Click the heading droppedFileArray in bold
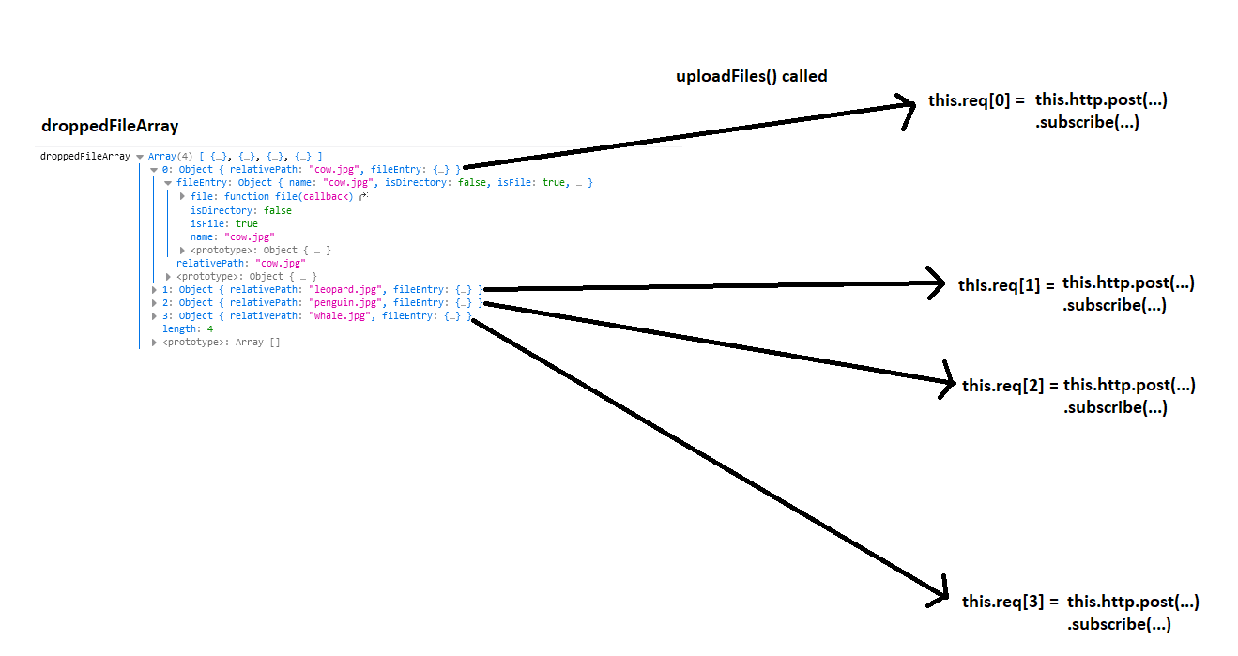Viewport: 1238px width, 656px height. point(110,126)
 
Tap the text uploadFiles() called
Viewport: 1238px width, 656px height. point(751,76)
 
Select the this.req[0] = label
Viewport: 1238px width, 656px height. point(976,99)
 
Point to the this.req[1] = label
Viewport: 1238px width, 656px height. point(1006,285)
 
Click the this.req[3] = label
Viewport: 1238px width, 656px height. point(1010,602)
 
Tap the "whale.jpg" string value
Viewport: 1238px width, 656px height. point(342,316)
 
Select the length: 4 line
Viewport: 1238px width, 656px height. point(188,329)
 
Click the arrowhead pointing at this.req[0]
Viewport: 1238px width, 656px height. point(907,106)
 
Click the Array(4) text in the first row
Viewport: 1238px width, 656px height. point(170,157)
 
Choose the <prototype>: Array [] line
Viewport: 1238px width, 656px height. point(221,343)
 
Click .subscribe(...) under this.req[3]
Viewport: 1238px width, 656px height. point(1119,624)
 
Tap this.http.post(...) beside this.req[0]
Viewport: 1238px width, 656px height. point(1101,99)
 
